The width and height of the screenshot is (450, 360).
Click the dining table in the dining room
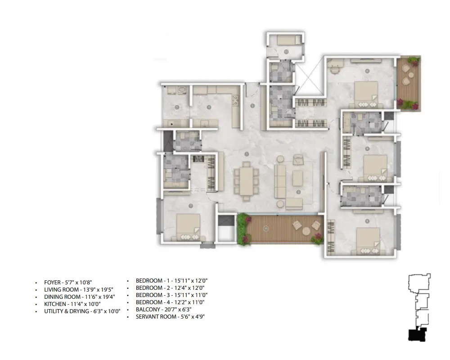pyautogui.click(x=247, y=181)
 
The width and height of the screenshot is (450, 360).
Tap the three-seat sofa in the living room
pyautogui.click(x=280, y=181)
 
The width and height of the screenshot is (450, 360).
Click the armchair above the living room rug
pyautogui.click(x=298, y=160)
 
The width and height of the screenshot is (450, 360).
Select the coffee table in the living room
pyautogui.click(x=297, y=178)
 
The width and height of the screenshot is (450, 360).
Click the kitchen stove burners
pyautogui.click(x=235, y=100)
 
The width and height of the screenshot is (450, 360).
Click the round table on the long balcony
pyautogui.click(x=306, y=231)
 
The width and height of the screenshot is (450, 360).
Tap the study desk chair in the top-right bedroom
pyautogui.click(x=334, y=69)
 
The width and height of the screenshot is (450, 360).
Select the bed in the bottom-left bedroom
pyautogui.click(x=188, y=227)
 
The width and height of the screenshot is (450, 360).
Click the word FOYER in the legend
pyautogui.click(x=53, y=283)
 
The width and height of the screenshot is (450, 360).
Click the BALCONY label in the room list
pyautogui.click(x=148, y=310)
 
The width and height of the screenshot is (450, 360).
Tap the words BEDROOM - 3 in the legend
pyautogui.click(x=153, y=295)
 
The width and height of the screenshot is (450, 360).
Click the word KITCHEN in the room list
pyautogui.click(x=55, y=304)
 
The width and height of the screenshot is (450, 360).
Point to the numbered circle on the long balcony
pyautogui.click(x=266, y=229)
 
